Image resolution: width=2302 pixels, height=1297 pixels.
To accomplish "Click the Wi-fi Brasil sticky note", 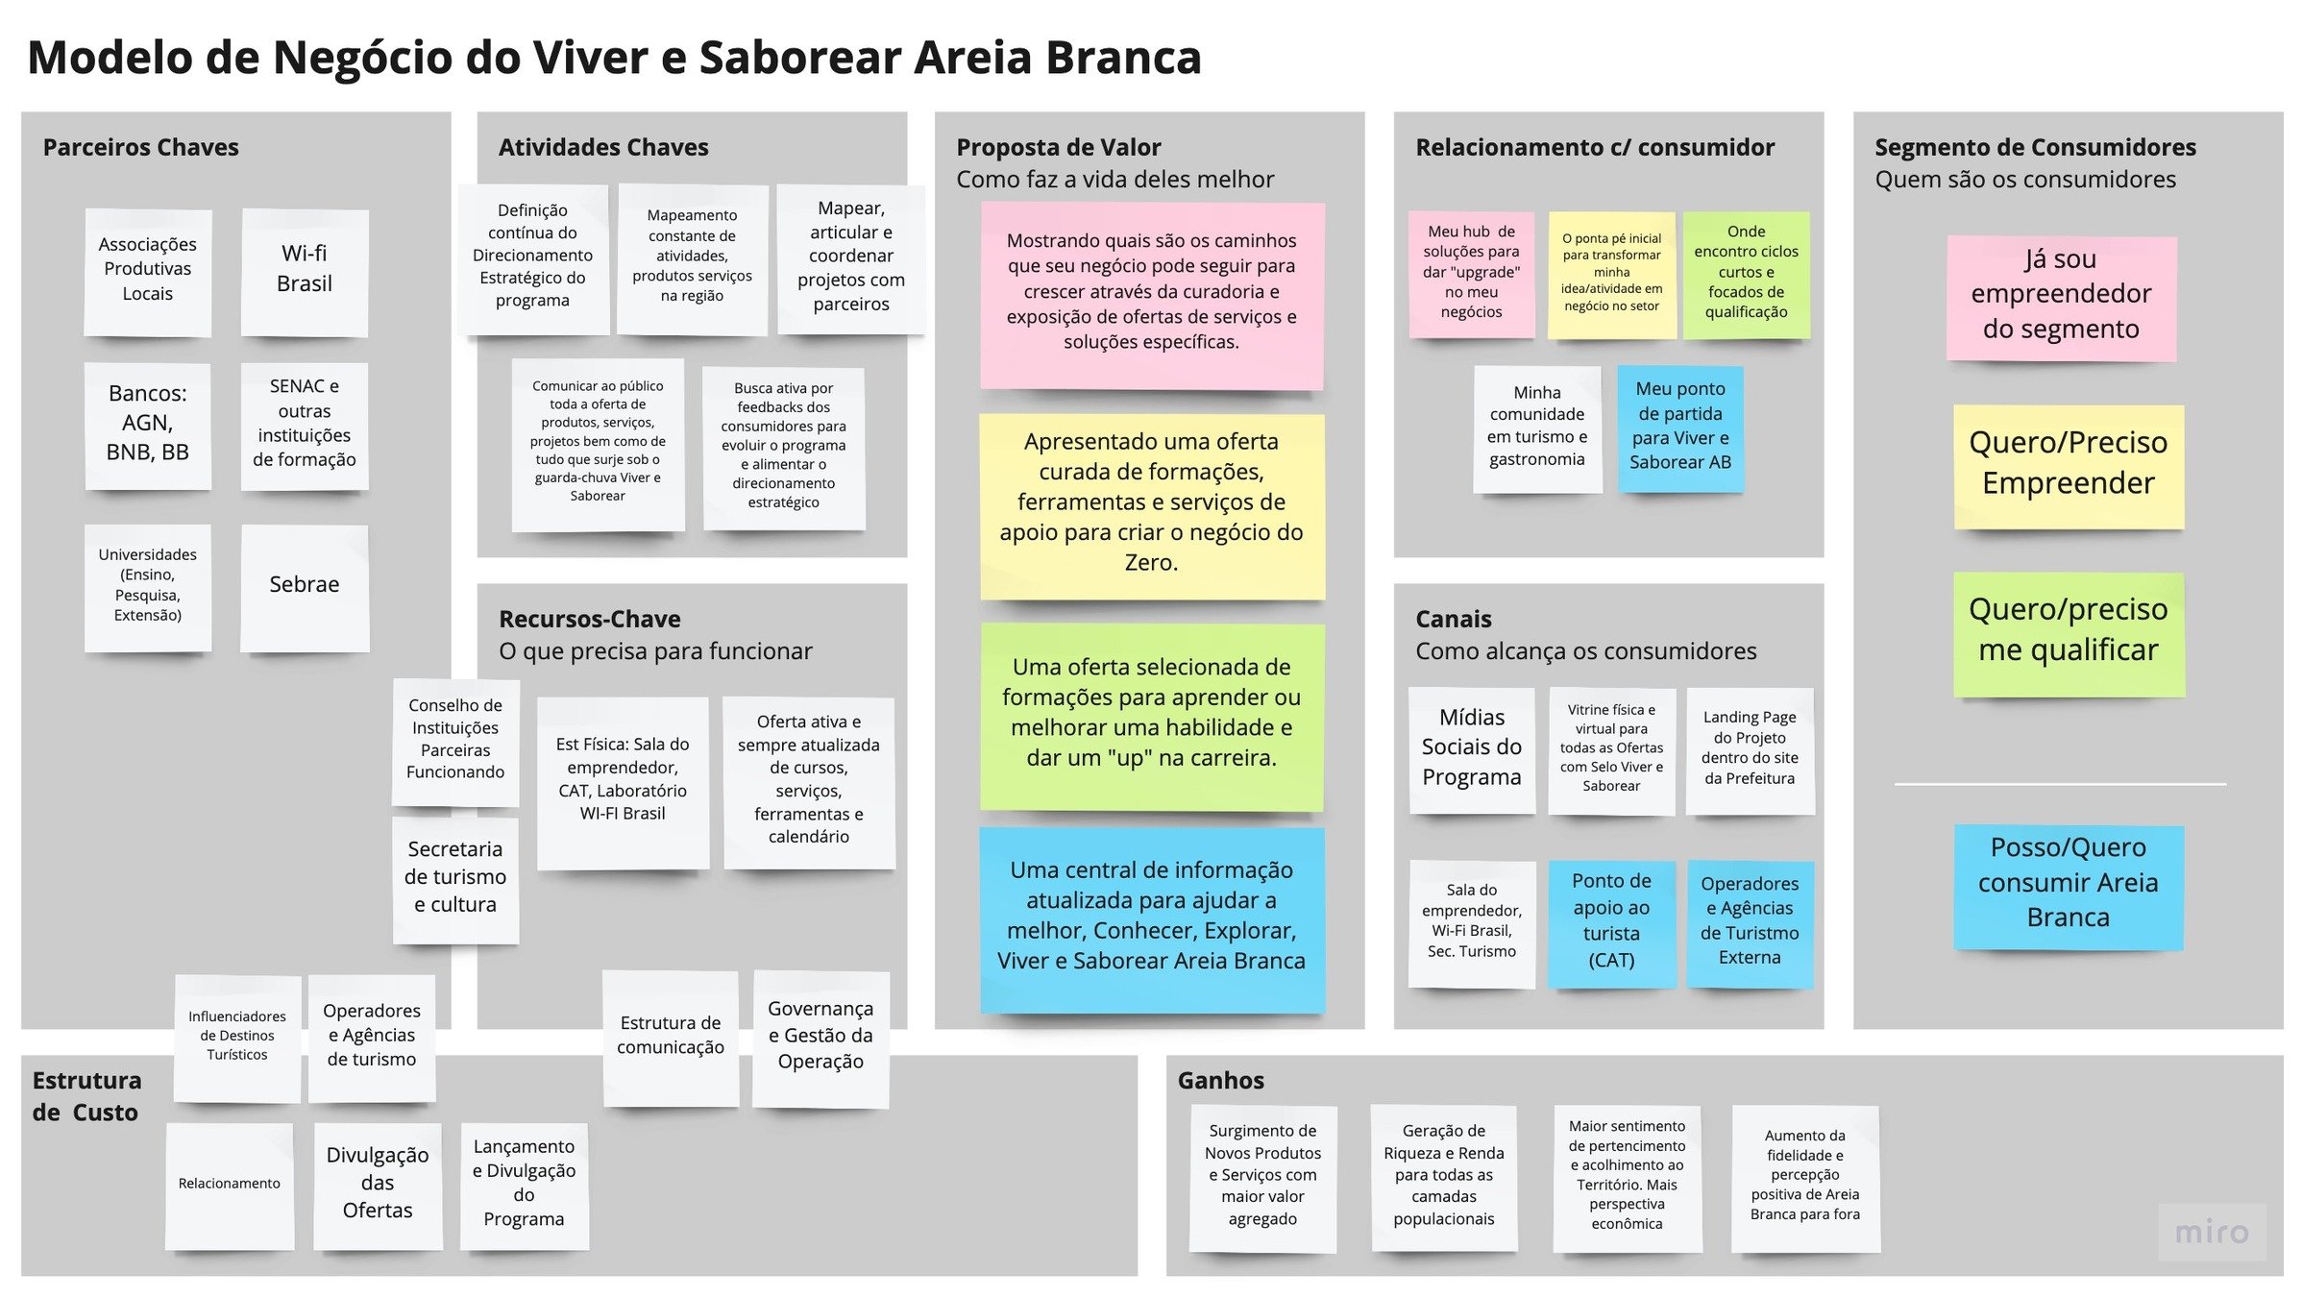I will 304,270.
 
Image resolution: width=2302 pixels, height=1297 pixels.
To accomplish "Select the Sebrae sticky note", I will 304,585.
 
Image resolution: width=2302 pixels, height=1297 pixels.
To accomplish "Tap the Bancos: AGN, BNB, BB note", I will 147,424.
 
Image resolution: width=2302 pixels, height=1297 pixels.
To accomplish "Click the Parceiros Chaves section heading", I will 140,147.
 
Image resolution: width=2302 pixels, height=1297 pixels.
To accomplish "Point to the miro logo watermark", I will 2211,1232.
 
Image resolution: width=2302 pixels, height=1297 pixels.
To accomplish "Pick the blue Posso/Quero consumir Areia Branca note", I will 2068,884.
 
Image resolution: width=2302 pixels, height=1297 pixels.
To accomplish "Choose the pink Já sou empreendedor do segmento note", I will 2061,295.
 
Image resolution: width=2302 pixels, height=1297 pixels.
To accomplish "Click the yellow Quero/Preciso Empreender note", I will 2068,464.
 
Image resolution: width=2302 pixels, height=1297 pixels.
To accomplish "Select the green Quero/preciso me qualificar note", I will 2068,631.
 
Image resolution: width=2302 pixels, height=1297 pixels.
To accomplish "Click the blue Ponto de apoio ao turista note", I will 1611,921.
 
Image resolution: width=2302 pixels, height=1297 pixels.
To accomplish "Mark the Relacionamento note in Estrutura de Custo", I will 230,1184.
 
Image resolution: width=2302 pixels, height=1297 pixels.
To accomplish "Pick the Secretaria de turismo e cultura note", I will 454,877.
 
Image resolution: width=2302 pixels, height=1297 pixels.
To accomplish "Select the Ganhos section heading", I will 1220,1081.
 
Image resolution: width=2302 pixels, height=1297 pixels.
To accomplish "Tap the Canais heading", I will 1453,620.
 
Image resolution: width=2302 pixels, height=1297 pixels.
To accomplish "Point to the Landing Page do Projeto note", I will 1749,748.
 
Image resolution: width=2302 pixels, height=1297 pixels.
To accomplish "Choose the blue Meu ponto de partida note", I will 1679,427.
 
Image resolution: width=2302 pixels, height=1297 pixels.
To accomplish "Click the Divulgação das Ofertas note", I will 378,1184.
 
